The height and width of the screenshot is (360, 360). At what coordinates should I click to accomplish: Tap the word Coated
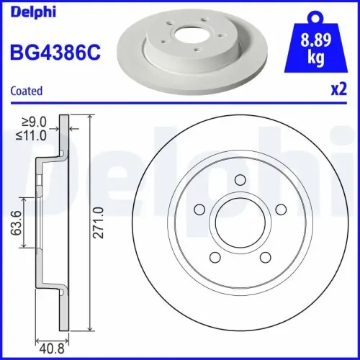pos(27,91)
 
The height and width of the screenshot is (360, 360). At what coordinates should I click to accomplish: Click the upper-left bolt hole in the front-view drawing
pos(199,210)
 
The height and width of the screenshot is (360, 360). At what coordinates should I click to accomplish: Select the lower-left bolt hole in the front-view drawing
pos(215,256)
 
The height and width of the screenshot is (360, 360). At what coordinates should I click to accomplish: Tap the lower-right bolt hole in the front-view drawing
pos(266,256)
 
